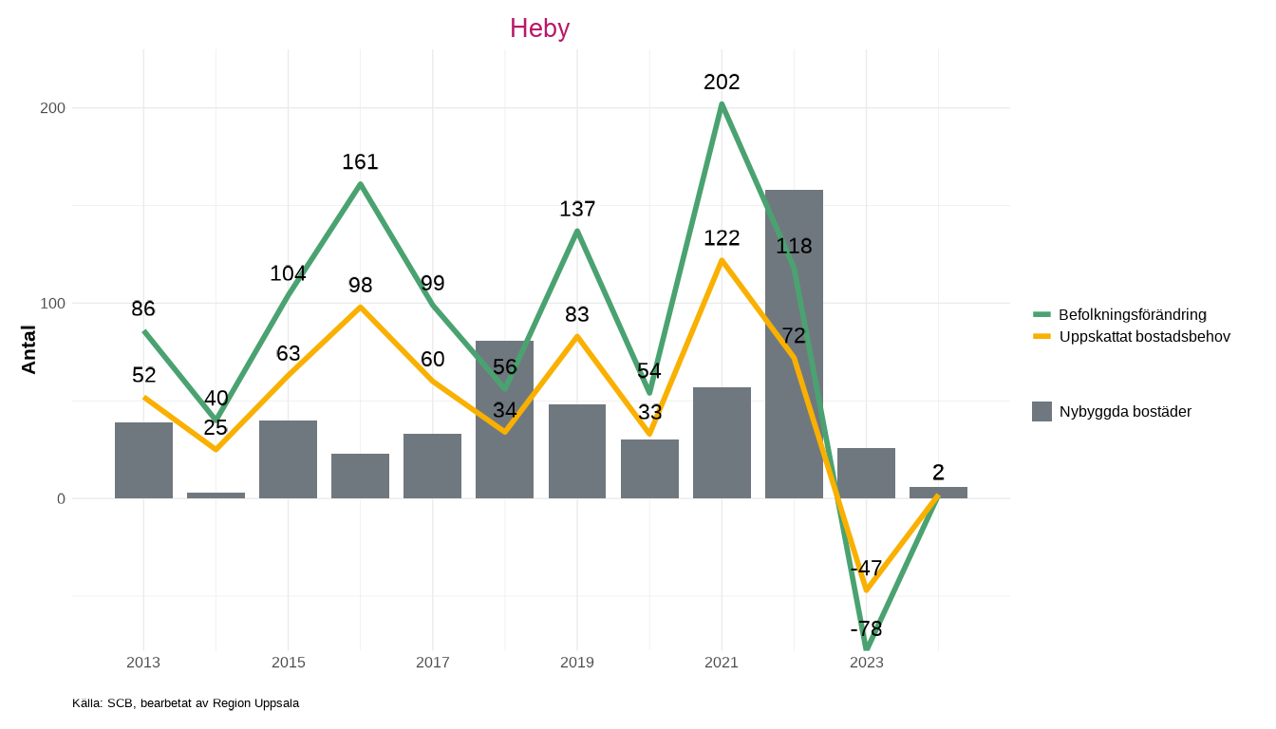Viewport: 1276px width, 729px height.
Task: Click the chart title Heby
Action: pos(539,28)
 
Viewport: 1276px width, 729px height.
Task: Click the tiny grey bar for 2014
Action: pos(216,495)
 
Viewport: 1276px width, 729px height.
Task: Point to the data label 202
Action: pos(722,83)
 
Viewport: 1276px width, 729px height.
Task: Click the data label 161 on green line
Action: pos(360,162)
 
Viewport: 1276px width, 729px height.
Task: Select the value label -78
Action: pos(866,629)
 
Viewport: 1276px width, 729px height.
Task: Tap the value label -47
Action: pos(866,569)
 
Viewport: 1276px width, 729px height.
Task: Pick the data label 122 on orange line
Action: pos(722,238)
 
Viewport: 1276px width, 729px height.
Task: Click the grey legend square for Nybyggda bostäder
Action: pos(1041,411)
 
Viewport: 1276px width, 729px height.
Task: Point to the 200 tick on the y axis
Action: pos(52,108)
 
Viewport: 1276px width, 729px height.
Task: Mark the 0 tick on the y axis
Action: pos(61,499)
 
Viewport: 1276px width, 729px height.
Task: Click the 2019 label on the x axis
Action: pos(577,663)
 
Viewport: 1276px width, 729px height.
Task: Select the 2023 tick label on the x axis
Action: pos(866,663)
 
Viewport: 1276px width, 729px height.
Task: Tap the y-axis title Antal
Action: pos(29,349)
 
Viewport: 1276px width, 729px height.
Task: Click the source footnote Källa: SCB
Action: pos(185,703)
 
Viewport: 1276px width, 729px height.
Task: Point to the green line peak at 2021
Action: pos(722,104)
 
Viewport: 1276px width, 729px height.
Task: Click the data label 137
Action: pos(577,209)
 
